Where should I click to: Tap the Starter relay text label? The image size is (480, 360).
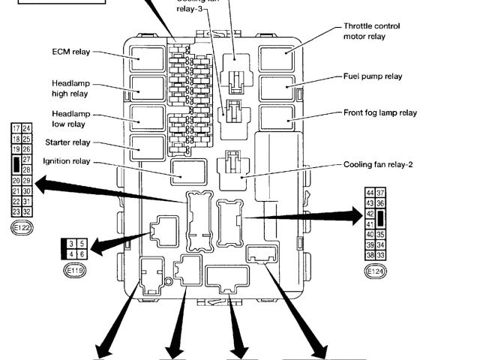67,142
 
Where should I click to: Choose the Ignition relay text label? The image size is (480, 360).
67,160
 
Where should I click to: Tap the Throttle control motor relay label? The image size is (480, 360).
371,31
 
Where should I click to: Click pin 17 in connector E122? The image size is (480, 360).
16,129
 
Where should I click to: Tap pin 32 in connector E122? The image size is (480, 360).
27,211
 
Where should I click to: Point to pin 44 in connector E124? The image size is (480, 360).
370,193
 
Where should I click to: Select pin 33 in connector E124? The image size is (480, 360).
381,256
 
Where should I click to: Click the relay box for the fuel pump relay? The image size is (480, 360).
277,88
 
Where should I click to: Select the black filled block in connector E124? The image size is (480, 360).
382,218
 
